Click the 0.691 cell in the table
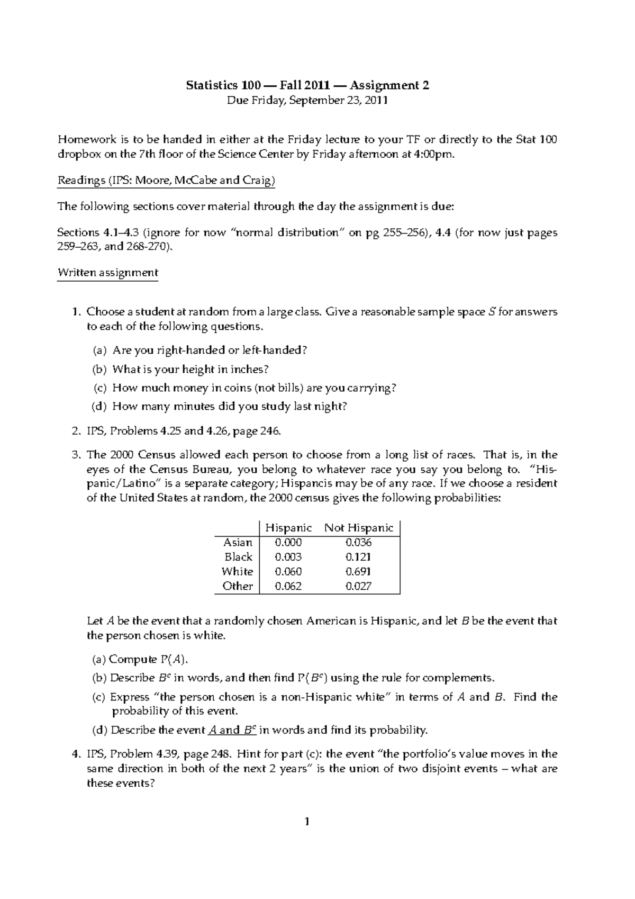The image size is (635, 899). (358, 572)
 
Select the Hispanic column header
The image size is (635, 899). (288, 528)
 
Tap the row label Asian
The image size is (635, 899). (238, 543)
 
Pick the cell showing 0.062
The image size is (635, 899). (288, 586)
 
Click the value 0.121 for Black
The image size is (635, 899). (358, 557)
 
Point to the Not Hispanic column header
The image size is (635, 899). (359, 528)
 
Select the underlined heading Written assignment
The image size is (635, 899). (107, 273)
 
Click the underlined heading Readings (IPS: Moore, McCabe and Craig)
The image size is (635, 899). (166, 181)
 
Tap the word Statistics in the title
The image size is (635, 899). (210, 85)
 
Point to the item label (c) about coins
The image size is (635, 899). (100, 388)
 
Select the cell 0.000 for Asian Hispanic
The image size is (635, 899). (288, 543)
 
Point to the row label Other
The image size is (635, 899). (238, 586)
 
